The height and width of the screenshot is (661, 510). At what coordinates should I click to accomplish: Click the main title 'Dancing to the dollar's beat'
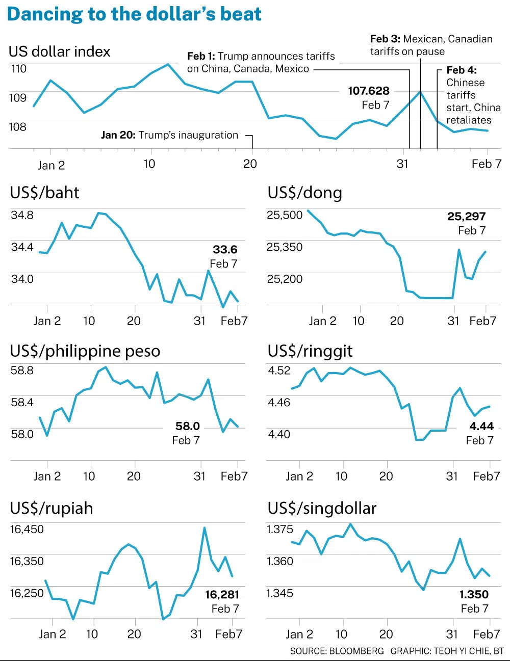click(134, 14)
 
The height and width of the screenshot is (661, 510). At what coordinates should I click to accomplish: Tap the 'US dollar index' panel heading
click(59, 51)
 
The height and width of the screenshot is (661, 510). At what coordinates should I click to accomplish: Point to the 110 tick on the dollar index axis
click(18, 69)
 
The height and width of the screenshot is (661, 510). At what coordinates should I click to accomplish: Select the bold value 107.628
click(368, 91)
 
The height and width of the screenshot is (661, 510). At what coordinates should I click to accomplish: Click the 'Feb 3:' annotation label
click(385, 39)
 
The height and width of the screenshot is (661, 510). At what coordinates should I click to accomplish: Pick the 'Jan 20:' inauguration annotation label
click(118, 135)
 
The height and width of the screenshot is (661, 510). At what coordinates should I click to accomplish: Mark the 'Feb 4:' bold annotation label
click(462, 70)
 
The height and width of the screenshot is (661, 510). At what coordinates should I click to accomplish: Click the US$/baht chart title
click(44, 193)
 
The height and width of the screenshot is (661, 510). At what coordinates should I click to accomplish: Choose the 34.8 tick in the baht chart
click(22, 215)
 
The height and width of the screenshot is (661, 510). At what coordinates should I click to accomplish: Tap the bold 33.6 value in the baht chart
click(225, 250)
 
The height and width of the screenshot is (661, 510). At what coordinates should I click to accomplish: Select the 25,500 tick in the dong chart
click(285, 215)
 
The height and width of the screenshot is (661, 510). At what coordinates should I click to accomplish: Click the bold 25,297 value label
click(466, 217)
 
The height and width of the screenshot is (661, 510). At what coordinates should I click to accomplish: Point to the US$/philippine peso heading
click(85, 351)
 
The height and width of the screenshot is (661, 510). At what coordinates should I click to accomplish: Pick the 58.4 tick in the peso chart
click(22, 403)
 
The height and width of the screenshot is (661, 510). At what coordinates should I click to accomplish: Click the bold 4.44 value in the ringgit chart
click(481, 427)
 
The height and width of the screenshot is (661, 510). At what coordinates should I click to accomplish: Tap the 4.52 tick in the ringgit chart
click(279, 371)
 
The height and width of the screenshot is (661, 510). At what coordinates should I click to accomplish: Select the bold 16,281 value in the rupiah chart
click(222, 595)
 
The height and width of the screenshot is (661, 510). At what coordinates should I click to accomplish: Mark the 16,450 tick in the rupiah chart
click(27, 530)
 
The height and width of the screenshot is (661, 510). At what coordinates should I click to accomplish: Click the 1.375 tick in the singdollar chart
click(280, 530)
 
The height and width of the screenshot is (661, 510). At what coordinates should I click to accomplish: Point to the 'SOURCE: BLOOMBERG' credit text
click(337, 651)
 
